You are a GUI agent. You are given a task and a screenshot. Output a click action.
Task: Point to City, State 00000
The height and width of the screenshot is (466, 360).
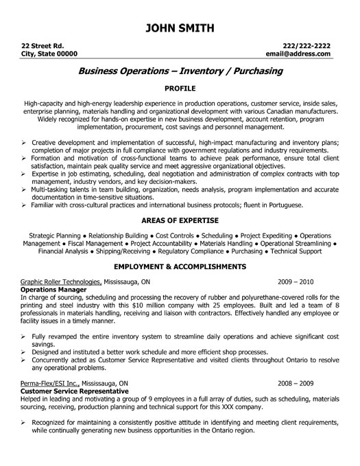[49, 53]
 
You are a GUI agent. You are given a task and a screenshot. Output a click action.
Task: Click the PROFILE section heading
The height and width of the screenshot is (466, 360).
[180, 89]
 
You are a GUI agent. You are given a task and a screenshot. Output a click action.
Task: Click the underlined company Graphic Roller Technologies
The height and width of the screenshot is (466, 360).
[61, 281]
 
